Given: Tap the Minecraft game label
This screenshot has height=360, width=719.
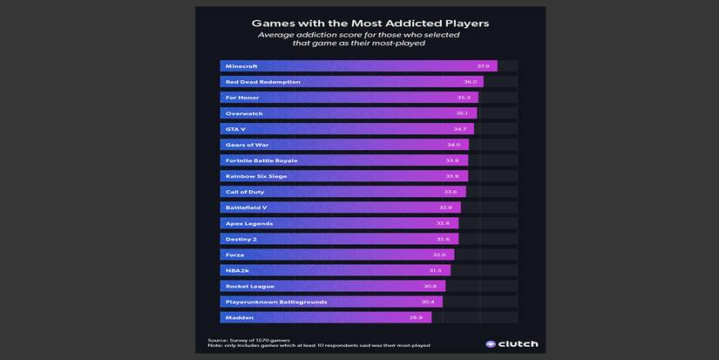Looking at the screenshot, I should (241, 66).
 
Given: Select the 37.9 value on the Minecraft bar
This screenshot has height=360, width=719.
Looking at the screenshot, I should (483, 66).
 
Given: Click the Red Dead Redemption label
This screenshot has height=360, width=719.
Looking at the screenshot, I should (262, 82).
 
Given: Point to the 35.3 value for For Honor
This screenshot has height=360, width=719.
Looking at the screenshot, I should (464, 98).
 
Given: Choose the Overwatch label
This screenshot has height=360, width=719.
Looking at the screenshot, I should (244, 113).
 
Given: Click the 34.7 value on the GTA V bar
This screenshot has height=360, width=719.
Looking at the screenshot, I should (460, 129).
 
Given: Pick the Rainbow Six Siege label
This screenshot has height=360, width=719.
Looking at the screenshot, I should (256, 176).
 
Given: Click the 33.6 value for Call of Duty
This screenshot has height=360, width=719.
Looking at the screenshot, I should (451, 192).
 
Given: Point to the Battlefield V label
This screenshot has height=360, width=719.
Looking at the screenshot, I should (246, 207).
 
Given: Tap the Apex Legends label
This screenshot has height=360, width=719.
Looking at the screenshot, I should (248, 223).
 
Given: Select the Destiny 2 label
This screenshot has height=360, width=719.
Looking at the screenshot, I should (242, 239).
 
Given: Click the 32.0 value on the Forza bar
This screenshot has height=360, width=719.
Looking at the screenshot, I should (439, 255).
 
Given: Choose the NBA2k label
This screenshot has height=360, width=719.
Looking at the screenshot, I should (237, 270).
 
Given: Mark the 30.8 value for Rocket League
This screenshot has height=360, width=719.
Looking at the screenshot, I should (430, 286).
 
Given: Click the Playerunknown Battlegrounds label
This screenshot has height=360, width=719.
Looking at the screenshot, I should (276, 302).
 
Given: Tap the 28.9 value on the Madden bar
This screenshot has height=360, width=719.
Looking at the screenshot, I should (416, 317).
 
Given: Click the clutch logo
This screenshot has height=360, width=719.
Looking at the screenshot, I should (512, 343).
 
